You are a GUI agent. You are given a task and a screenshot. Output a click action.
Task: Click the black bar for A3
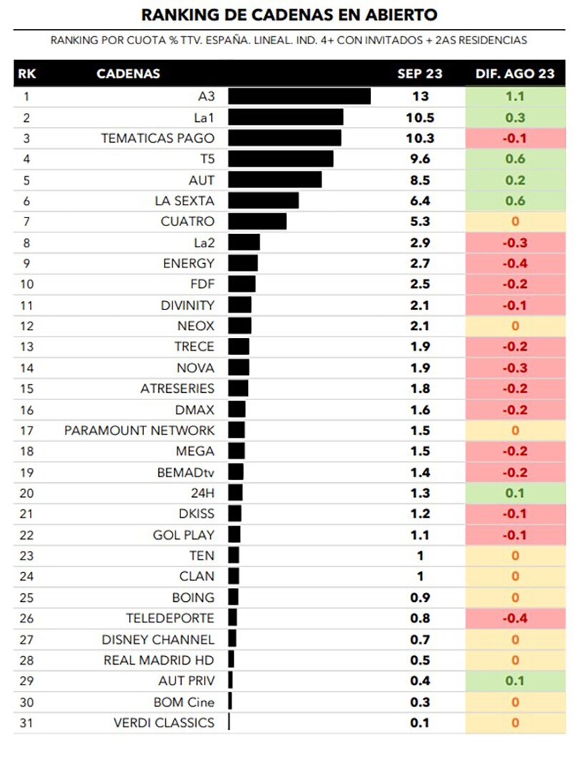pyautogui.click(x=299, y=96)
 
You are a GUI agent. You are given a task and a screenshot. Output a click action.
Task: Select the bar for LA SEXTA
pyautogui.click(x=263, y=201)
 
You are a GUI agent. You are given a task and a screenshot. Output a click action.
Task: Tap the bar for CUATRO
pyautogui.click(x=257, y=222)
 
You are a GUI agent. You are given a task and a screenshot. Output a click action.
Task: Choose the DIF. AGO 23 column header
pyautogui.click(x=515, y=73)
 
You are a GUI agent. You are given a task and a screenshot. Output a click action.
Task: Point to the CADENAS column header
pyautogui.click(x=128, y=73)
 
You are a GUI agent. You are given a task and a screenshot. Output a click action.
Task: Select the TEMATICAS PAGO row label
pyautogui.click(x=158, y=138)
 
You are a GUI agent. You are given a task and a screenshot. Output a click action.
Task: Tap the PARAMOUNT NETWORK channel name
pyautogui.click(x=139, y=431)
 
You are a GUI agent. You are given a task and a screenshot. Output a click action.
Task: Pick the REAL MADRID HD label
pyautogui.click(x=158, y=660)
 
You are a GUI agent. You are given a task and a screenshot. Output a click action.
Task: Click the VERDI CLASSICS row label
pyautogui.click(x=163, y=723)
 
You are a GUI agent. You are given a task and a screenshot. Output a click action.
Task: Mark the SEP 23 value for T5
pyautogui.click(x=419, y=159)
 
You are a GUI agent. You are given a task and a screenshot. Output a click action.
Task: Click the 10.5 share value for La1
pyautogui.click(x=419, y=118)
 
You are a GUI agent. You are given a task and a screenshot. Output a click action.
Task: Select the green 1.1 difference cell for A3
pyautogui.click(x=515, y=96)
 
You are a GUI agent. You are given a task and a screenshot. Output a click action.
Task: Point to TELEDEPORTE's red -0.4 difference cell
pyautogui.click(x=515, y=618)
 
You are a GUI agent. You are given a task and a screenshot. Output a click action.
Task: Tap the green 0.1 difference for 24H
pyautogui.click(x=515, y=493)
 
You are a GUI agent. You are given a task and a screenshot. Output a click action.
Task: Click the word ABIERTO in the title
pyautogui.click(x=397, y=14)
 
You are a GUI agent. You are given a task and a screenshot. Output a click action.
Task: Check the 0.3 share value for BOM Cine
pyautogui.click(x=419, y=702)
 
